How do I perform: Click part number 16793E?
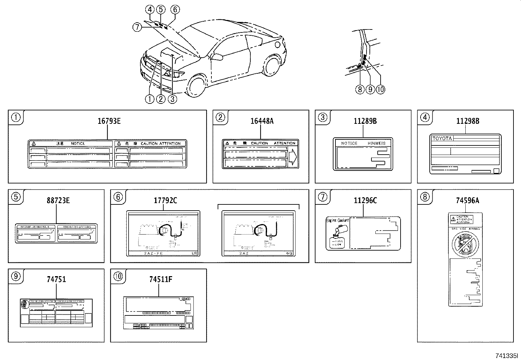tap(109, 121)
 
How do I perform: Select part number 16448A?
tap(262, 121)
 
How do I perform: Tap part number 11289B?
tap(365, 121)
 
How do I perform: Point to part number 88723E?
tap(58, 200)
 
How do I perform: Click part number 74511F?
tap(160, 279)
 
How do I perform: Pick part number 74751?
tap(56, 279)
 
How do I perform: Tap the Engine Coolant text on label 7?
tap(337, 220)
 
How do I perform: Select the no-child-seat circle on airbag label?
tap(465, 244)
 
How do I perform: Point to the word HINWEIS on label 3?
tap(376, 143)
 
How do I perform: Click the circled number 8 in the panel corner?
tap(425, 197)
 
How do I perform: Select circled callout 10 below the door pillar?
tap(381, 89)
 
